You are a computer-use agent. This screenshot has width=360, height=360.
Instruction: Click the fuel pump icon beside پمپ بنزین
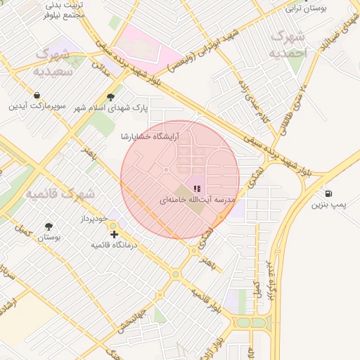click(328, 194)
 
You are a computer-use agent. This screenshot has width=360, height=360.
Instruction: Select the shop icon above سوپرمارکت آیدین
click(37, 95)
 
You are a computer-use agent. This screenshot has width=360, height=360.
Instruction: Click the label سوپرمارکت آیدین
click(37, 106)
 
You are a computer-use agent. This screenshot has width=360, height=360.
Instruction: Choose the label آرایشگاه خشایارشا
click(148, 136)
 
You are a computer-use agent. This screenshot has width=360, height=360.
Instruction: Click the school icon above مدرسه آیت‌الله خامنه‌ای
click(198, 188)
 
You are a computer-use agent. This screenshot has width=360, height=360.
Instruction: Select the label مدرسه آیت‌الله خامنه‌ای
click(196, 200)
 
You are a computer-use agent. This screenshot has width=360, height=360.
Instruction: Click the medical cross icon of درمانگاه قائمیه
click(115, 234)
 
